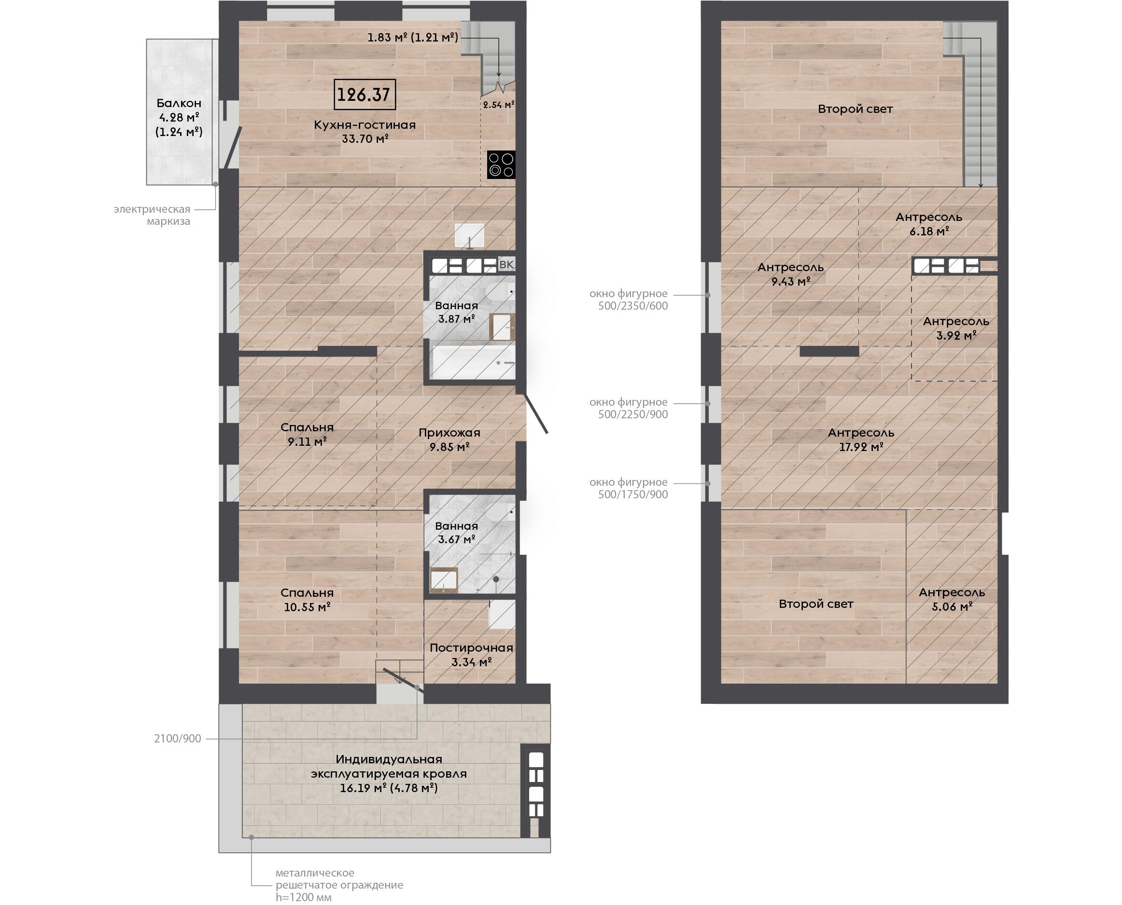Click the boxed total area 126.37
(364, 95)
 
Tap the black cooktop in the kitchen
(501, 165)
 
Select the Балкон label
(179, 103)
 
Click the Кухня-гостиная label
(365, 125)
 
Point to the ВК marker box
(506, 265)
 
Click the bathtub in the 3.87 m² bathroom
(473, 362)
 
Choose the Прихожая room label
(449, 433)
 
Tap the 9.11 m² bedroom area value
(307, 442)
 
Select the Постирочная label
(472, 648)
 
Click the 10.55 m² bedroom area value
(307, 607)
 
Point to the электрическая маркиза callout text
(152, 215)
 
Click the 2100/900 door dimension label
(177, 739)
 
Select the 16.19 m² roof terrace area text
(389, 788)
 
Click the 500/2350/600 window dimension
(633, 306)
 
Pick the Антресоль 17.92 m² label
(861, 439)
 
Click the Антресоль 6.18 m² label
(929, 224)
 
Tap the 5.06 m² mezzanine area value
(952, 607)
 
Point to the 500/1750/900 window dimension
(633, 495)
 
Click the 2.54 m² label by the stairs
(499, 104)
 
